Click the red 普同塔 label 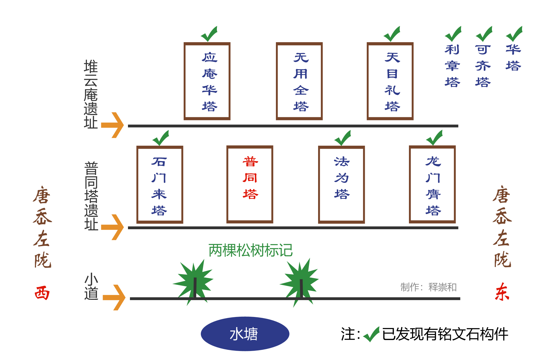coord(250,178)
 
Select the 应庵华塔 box coord(207,81)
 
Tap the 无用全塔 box coord(299,81)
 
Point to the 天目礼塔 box coord(390,81)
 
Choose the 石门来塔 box coord(160,185)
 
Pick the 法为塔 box coord(341,185)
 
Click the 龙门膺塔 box coord(432,185)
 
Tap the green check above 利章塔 coord(453,34)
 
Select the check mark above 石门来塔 coord(161,138)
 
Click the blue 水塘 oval coord(245,334)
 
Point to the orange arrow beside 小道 coord(114,297)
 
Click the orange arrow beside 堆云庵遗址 coord(112,125)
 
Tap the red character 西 coord(42,293)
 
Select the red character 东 coord(502,292)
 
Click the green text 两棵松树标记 coord(250,250)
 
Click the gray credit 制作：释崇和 coord(428,287)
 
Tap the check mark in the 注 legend coord(371,334)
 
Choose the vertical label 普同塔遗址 coord(91,196)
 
